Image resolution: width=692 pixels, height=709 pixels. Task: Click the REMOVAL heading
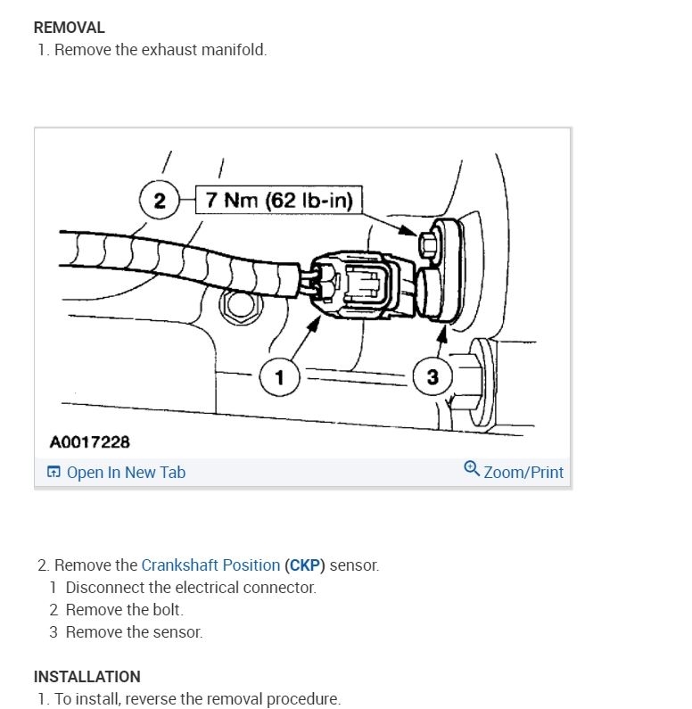point(69,28)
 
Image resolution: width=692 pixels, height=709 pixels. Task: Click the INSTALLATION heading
point(86,676)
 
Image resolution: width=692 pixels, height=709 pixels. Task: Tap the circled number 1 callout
point(279,377)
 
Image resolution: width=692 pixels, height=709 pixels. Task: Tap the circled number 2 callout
point(159,200)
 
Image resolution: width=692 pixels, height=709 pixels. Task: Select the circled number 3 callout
point(432,377)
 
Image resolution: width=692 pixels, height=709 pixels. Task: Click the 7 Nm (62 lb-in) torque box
point(279,200)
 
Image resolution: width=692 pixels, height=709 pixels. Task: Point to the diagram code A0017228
point(89,441)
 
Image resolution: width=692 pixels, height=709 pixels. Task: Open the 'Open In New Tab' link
point(126,473)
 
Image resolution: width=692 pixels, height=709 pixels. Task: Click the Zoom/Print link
point(523,472)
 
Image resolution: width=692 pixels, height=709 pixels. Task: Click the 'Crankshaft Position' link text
point(210,565)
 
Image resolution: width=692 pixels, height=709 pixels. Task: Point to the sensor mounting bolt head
point(427,242)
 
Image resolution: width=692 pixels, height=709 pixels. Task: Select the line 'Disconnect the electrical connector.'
point(191,588)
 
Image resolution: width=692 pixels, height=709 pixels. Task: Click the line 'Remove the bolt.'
point(124,610)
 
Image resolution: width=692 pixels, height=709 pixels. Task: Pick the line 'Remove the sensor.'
point(134,632)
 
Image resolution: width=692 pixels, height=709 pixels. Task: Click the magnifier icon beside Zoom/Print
point(472,469)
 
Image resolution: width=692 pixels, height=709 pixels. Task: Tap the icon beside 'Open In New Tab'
point(54,473)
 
